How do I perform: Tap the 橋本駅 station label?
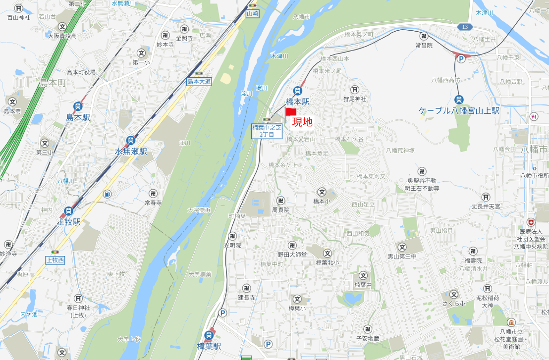coord(297,102)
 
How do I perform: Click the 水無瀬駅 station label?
coord(131,152)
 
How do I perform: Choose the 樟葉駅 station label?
coord(209,346)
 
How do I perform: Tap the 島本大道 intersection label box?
coord(199,82)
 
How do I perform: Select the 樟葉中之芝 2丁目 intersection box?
coord(267,131)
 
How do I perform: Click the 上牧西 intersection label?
coord(55,260)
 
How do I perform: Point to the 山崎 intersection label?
coord(253,13)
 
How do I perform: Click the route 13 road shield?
coord(463,27)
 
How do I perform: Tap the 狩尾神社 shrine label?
coord(355,99)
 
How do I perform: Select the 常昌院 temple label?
coord(424,45)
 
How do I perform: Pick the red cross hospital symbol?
coord(531,222)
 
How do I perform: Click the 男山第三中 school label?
coord(401,257)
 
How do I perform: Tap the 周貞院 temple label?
coord(280,210)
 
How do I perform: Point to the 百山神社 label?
coord(19,17)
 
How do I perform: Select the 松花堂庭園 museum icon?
coord(511,322)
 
